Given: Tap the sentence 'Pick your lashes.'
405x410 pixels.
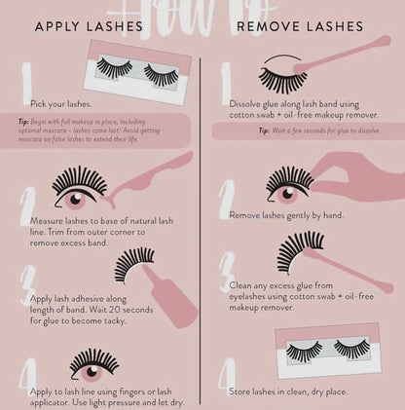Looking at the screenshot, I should click(61, 102).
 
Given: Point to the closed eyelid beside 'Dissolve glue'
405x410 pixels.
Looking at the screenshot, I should click(283, 77).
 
